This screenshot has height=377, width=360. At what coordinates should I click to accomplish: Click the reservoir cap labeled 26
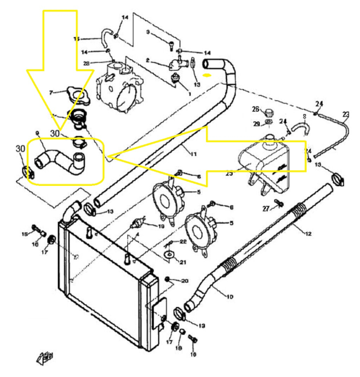(x=268, y=112)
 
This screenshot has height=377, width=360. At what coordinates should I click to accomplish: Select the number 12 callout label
(x=308, y=234)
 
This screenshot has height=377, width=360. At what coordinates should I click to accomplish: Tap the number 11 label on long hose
(x=194, y=154)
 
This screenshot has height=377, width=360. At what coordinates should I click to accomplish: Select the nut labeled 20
(x=168, y=279)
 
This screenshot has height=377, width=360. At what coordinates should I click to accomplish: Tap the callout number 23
(x=346, y=114)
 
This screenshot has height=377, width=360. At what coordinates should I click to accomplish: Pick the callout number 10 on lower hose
(x=229, y=297)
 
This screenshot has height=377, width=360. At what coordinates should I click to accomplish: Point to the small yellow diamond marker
(x=207, y=75)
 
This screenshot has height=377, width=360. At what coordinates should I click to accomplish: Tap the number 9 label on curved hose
(x=37, y=133)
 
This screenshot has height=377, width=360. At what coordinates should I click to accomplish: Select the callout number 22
(x=183, y=241)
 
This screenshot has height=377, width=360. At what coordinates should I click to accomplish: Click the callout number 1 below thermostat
(x=190, y=93)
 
